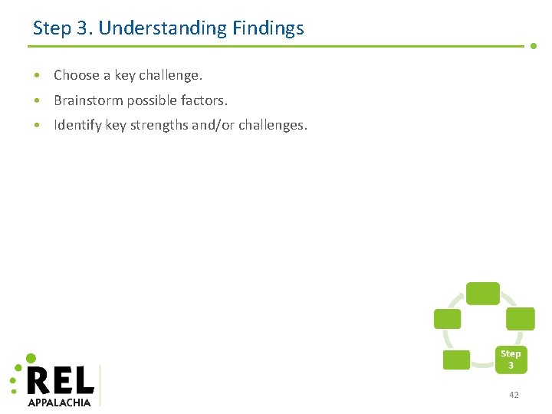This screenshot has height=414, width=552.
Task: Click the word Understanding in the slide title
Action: point(163,29)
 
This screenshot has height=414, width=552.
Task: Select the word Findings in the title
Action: point(268,29)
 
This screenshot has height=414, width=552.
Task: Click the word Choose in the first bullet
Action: point(77,75)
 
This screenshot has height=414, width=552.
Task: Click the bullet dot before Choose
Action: point(37,76)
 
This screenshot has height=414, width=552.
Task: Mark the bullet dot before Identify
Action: point(37,126)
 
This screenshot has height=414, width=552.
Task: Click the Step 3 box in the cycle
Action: point(511,359)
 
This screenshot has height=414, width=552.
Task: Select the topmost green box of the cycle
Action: point(483,293)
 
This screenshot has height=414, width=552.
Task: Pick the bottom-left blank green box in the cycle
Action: point(456,360)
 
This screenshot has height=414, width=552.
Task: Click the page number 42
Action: point(513,395)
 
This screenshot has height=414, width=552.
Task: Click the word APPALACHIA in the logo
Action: point(59,402)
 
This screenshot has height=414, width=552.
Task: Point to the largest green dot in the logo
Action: point(31,358)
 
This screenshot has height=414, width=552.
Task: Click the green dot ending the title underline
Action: point(534,46)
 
